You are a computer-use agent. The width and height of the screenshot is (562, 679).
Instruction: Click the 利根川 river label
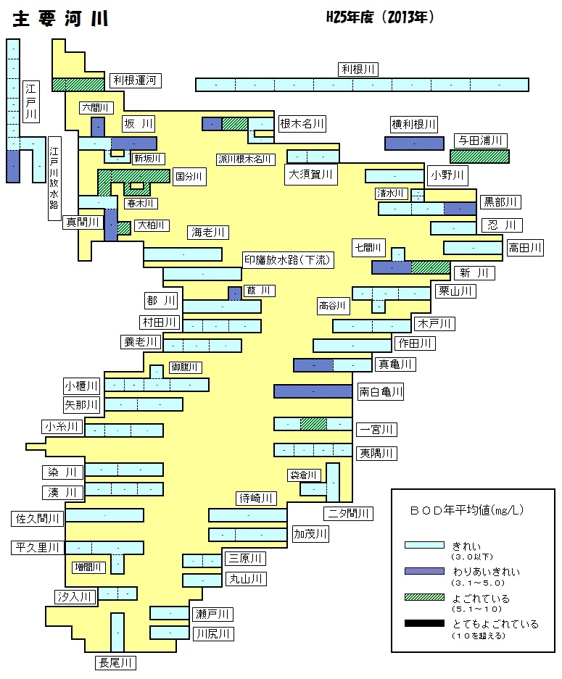[358, 70]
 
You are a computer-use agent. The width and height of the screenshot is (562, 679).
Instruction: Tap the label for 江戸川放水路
[54, 178]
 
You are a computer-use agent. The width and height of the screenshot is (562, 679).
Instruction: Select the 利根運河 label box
[135, 80]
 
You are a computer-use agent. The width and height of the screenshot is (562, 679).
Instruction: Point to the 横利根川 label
[414, 125]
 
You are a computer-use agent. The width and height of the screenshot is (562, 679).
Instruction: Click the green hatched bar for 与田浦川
[479, 157]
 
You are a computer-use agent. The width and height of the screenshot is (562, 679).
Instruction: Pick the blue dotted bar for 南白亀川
[313, 391]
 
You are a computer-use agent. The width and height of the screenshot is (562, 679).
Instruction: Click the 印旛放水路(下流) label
[288, 260]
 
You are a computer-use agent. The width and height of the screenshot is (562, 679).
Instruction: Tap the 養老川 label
[141, 341]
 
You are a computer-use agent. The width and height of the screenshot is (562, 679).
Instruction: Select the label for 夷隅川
[376, 453]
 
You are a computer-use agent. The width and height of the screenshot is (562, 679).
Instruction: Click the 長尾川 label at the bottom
[115, 662]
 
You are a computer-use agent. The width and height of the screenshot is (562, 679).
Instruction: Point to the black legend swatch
[424, 623]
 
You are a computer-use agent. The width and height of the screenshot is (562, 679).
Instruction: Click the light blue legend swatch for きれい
[424, 545]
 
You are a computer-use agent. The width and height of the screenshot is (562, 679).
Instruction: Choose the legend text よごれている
[481, 599]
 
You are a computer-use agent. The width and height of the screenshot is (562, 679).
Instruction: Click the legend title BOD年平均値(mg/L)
[467, 510]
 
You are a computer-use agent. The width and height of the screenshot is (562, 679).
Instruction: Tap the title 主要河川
[60, 19]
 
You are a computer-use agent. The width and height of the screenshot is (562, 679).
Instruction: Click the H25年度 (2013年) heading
[379, 17]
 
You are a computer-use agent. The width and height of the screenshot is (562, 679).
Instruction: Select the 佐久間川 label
[37, 518]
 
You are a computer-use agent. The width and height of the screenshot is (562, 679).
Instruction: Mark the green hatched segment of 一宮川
[313, 423]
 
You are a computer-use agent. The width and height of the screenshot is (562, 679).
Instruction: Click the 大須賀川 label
[310, 175]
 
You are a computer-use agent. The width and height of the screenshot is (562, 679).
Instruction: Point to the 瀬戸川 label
[212, 614]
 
